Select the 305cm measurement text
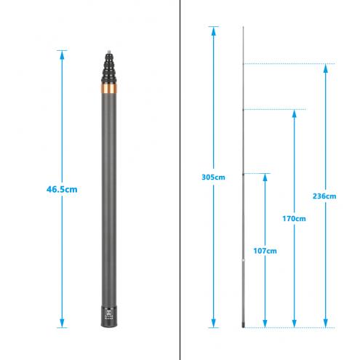click(x=212, y=177)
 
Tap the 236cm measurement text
click(x=326, y=196)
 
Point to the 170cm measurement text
click(x=295, y=217)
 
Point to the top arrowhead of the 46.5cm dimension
click(x=61, y=53)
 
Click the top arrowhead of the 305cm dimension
click(x=213, y=30)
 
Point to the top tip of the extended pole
click(x=243, y=28)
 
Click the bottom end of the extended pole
click(x=243, y=327)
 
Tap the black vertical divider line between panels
click(x=180, y=182)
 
